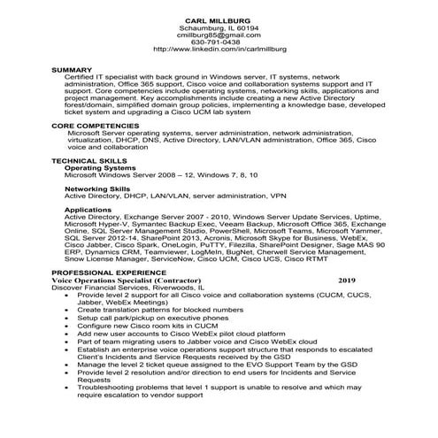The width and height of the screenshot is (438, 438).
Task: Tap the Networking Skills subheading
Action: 97,188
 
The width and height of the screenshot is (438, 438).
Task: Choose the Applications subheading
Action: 88,210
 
